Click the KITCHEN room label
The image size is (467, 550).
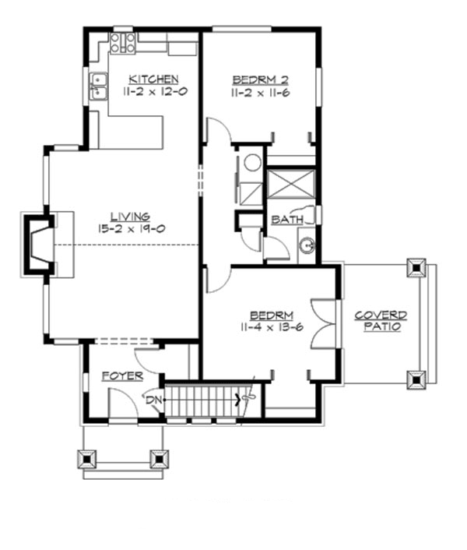(153, 79)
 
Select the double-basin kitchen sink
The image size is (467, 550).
(98, 86)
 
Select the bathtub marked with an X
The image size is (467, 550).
(290, 186)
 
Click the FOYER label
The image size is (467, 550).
(122, 376)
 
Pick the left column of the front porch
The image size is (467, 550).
(87, 458)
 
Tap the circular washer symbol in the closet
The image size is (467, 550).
(252, 163)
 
